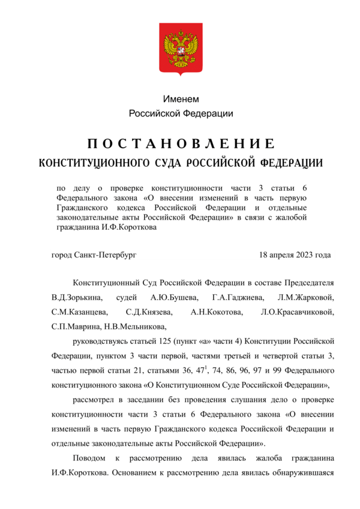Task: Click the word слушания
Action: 242,399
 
